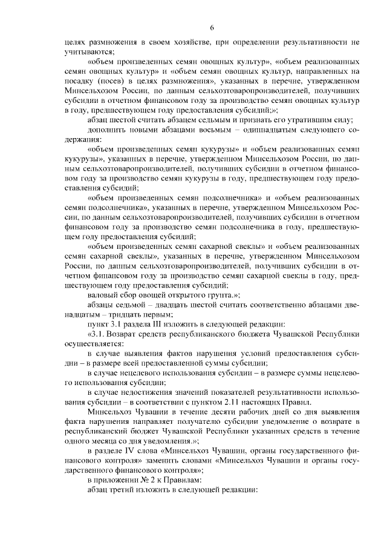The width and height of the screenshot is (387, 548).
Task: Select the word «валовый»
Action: pos(102,294)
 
